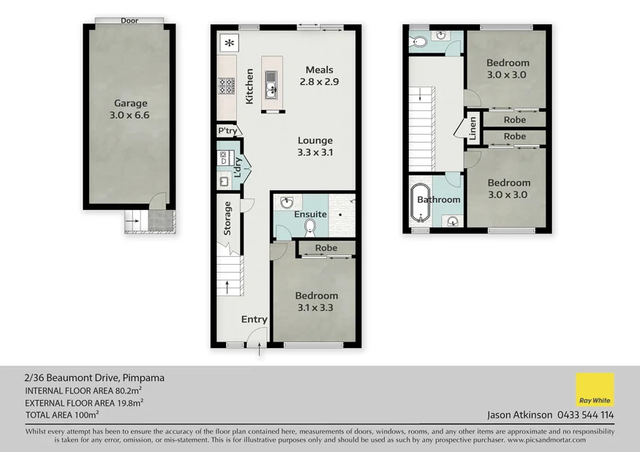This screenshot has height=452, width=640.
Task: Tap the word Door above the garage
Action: tap(129, 20)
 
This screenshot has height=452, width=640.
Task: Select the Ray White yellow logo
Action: tap(595, 390)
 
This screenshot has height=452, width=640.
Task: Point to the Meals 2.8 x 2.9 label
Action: tap(319, 76)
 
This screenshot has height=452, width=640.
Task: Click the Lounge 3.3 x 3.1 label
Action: tap(315, 146)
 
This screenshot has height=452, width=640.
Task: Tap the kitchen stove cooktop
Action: tap(227, 87)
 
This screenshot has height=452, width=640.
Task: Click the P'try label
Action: tap(227, 131)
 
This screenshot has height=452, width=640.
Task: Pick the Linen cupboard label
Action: tap(473, 128)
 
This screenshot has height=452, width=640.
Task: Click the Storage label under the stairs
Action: tap(227, 217)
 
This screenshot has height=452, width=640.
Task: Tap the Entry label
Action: tap(254, 320)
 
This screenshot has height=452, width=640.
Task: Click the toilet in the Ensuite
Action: tap(309, 227)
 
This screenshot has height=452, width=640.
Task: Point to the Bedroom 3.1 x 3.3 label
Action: tap(316, 301)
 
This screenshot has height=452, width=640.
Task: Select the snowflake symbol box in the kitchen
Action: tap(230, 42)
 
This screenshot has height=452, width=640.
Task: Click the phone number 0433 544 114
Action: tap(585, 415)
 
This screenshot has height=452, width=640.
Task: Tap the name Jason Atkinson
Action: tap(519, 415)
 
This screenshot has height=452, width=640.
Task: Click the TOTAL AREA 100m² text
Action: tap(62, 415)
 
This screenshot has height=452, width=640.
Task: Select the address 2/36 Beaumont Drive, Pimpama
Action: tap(94, 378)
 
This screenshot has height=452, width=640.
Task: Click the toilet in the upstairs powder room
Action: tap(419, 42)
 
